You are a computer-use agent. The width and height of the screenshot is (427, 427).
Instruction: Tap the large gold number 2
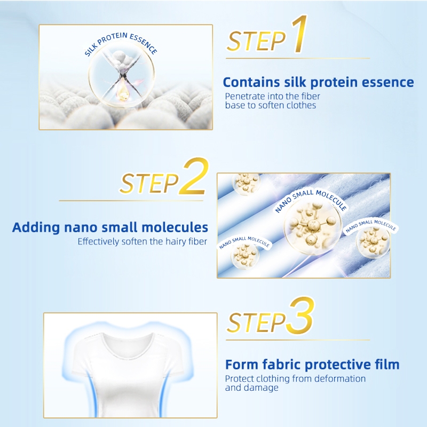[194, 177]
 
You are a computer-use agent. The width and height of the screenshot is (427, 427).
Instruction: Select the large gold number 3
[301, 316]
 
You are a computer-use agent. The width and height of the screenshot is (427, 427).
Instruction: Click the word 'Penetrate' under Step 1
[245, 96]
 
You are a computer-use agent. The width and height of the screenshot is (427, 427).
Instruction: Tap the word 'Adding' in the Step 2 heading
[36, 228]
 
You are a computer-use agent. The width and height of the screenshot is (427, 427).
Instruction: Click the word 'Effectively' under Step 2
[98, 242]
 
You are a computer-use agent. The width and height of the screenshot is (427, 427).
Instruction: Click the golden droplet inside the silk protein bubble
[122, 91]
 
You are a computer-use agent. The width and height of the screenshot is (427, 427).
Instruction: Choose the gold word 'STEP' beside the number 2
[149, 183]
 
